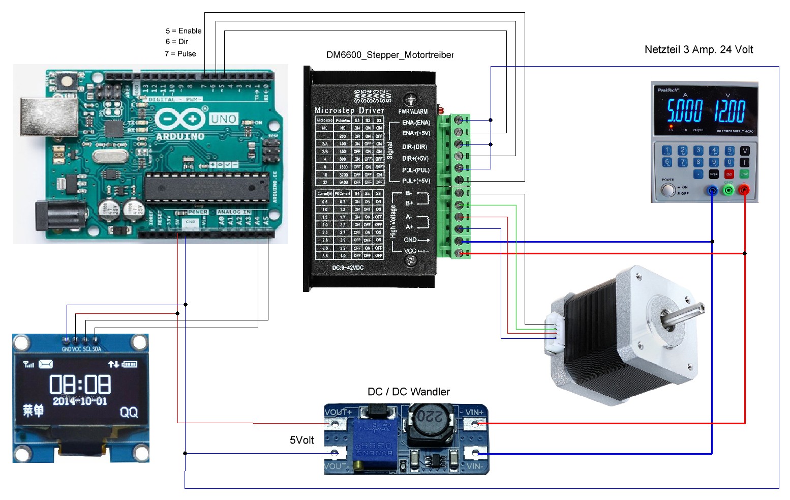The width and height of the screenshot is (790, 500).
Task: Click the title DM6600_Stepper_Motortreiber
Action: point(389,55)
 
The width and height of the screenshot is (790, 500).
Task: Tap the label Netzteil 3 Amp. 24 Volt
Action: point(698,50)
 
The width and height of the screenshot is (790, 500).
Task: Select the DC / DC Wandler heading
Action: point(408,392)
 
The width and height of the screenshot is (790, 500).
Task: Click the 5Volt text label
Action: point(301,440)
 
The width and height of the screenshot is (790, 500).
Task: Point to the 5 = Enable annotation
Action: point(184,31)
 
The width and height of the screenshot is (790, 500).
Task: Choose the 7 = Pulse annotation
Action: point(180,53)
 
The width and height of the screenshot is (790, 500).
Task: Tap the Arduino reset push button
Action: point(67,81)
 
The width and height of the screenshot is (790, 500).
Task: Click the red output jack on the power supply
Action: point(744,190)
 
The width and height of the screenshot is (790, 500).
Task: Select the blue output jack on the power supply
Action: point(713,190)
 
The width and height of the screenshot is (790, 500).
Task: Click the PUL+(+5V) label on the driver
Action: point(416,181)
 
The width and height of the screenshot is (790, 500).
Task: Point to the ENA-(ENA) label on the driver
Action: point(416,123)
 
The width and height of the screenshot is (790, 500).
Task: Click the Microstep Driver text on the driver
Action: point(349,110)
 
